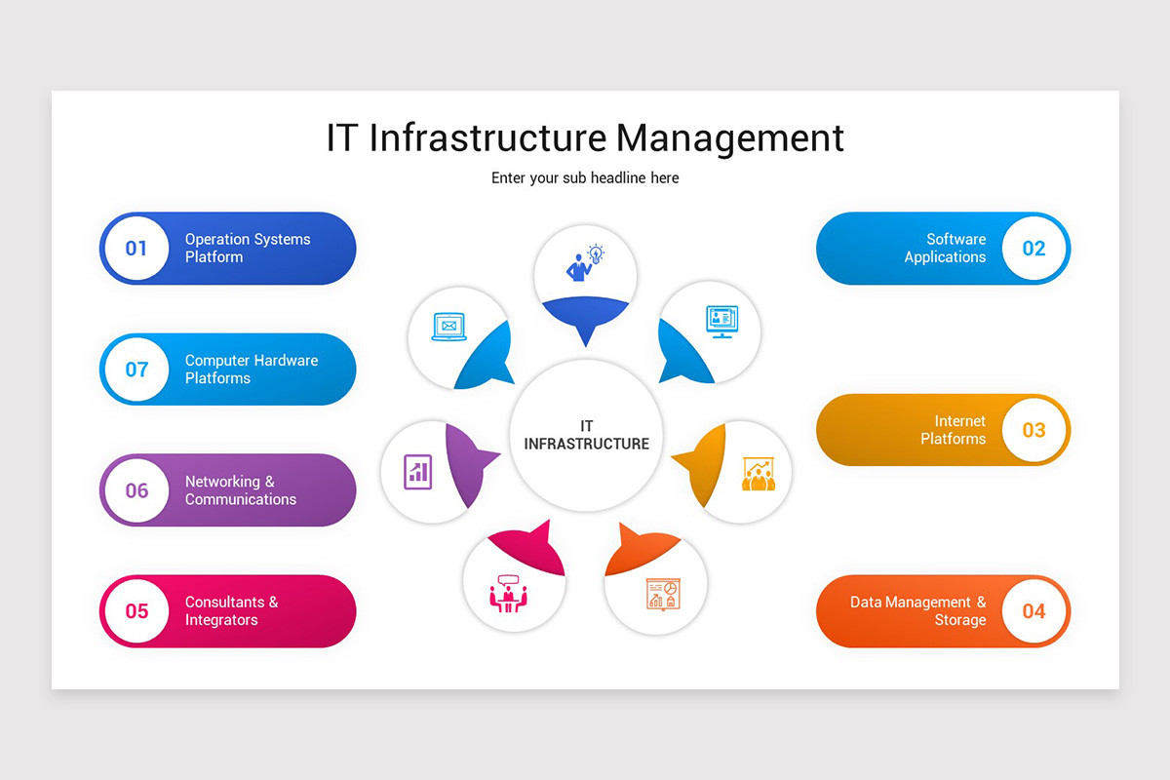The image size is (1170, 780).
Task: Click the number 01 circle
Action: click(x=136, y=249)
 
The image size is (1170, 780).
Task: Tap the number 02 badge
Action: click(x=1033, y=249)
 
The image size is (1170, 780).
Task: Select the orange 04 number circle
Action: click(x=1033, y=611)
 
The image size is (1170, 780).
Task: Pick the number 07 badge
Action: click(x=136, y=370)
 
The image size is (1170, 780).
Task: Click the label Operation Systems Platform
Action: click(x=248, y=249)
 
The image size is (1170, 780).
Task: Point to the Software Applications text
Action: click(x=945, y=249)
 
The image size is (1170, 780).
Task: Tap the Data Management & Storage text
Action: click(x=917, y=611)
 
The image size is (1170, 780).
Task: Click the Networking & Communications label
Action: click(x=241, y=490)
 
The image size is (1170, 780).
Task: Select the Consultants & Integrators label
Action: click(x=231, y=611)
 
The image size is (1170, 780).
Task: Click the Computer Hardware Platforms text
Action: click(x=252, y=370)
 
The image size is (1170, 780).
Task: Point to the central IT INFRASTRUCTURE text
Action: click(x=586, y=435)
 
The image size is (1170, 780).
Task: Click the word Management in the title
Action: click(x=730, y=137)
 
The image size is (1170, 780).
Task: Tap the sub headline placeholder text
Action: click(x=585, y=177)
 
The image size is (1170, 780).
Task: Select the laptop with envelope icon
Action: click(x=448, y=327)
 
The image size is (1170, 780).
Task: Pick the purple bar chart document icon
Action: click(x=417, y=472)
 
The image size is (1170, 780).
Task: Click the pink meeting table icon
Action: click(x=507, y=593)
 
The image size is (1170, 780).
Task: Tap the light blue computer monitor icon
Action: click(x=721, y=321)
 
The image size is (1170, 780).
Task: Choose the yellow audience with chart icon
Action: click(x=758, y=474)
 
